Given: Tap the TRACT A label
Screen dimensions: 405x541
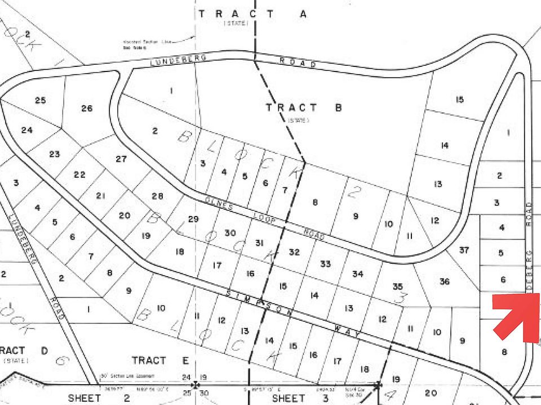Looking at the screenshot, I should (252, 14).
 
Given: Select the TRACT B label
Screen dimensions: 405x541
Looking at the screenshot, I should (304, 108).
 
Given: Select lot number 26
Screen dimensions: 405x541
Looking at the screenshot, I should (86, 108).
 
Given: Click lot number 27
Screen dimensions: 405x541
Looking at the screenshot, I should (121, 159).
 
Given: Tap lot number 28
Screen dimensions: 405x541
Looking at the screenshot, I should (157, 196).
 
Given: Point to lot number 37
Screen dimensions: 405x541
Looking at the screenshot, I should (464, 250).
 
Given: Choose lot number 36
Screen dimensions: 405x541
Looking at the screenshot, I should (445, 281).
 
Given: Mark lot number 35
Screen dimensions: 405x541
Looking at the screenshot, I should (398, 286).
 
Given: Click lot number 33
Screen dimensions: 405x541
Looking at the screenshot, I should (325, 263).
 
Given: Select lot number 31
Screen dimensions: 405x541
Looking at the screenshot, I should (259, 243).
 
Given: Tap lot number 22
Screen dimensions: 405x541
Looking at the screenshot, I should (79, 174).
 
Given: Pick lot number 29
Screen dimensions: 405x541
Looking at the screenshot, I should (193, 218).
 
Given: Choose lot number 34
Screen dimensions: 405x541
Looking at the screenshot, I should (358, 274).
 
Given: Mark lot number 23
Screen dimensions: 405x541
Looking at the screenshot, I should (55, 154).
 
